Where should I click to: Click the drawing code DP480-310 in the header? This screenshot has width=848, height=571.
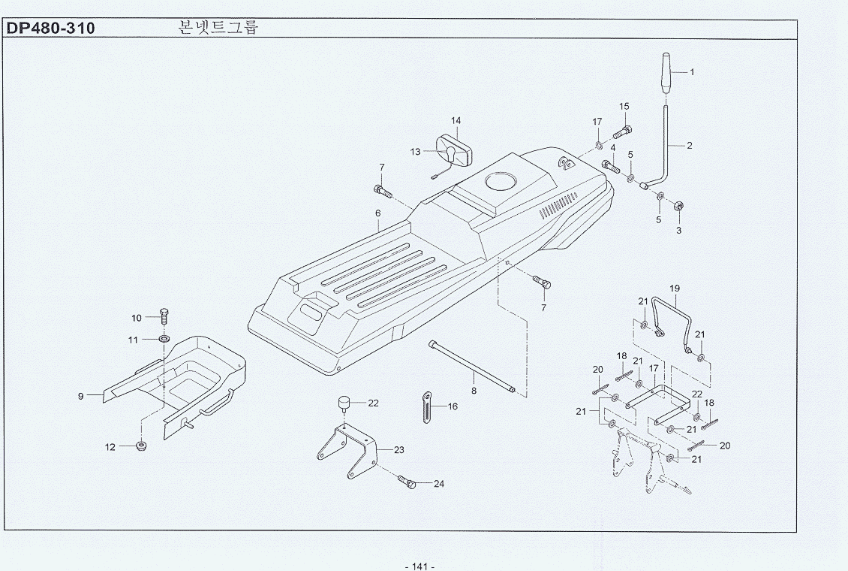tap(50, 29)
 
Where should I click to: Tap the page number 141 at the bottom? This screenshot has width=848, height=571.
tap(419, 565)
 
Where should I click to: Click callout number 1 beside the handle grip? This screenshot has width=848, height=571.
tap(692, 73)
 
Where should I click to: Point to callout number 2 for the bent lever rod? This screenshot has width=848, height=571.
tap(690, 145)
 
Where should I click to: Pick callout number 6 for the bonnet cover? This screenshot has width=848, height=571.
tap(379, 213)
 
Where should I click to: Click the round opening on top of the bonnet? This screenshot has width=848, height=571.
tap(498, 182)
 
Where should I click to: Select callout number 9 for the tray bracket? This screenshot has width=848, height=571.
tap(81, 395)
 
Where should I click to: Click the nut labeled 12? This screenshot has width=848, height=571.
tap(140, 446)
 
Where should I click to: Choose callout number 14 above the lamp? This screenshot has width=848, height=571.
tap(456, 121)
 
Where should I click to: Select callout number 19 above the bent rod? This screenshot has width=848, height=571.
tap(674, 289)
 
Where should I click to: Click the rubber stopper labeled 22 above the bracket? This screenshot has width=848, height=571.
tap(344, 403)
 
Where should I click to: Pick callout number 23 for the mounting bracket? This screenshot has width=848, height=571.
tap(399, 450)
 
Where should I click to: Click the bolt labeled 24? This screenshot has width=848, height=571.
tap(406, 482)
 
